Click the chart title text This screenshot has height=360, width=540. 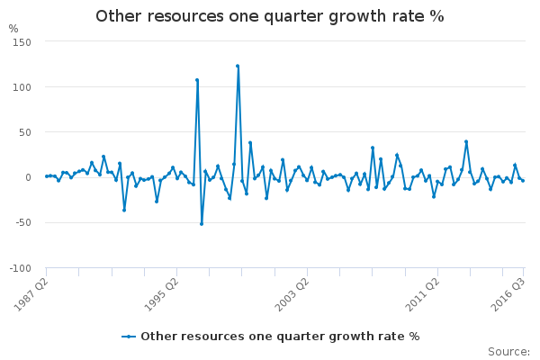270,16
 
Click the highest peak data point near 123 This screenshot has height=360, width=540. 238,66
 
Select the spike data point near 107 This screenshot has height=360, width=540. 197,80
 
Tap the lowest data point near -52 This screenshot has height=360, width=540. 202,224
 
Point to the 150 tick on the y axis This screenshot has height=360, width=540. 22,42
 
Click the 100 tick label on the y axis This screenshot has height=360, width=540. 22,87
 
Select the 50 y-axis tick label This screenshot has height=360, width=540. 25,132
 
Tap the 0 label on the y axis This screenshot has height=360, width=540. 28,177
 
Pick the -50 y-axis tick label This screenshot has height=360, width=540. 23,222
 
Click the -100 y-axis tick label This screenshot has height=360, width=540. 20,268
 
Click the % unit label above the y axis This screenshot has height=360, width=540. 13,29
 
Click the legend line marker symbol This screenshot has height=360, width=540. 129,337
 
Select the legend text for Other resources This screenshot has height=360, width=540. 280,337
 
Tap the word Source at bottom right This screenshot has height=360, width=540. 508,352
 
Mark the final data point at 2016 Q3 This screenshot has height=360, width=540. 523,181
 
